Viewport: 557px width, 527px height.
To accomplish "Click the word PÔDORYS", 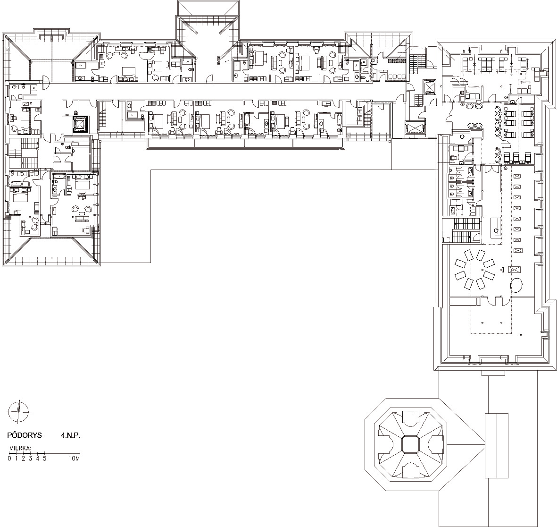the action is coord(25,435).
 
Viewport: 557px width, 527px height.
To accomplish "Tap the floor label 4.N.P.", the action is coord(70,435).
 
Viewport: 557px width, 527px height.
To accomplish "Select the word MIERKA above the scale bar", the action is coord(19,448).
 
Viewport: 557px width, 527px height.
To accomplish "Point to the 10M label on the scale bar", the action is coord(74,459).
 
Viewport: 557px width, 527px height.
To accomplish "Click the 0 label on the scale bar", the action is coord(9,459).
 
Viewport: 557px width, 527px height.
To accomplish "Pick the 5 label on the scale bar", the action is coord(45,459).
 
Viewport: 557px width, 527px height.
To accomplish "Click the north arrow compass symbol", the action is coord(18,412).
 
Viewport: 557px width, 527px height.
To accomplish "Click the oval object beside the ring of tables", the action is coord(516,285).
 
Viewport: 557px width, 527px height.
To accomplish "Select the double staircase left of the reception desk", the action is coord(466,230).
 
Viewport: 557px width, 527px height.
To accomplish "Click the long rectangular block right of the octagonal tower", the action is coord(497,446).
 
